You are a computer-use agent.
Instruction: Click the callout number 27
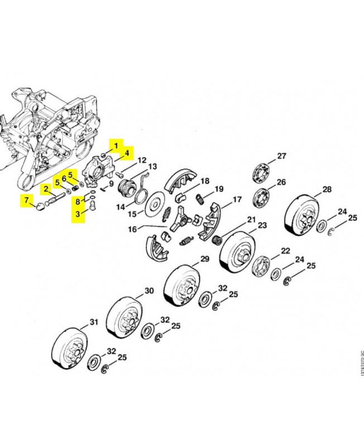(x=281, y=156)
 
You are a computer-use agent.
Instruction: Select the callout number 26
(x=281, y=182)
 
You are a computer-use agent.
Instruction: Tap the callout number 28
(x=327, y=189)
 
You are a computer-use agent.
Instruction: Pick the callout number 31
(x=93, y=322)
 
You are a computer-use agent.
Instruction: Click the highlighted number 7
(x=26, y=200)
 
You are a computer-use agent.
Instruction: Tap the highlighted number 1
(x=116, y=146)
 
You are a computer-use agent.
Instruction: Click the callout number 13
(x=152, y=167)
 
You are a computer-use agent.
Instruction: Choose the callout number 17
(x=237, y=199)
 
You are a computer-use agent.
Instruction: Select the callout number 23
(x=261, y=225)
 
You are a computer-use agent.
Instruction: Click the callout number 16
(x=132, y=229)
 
